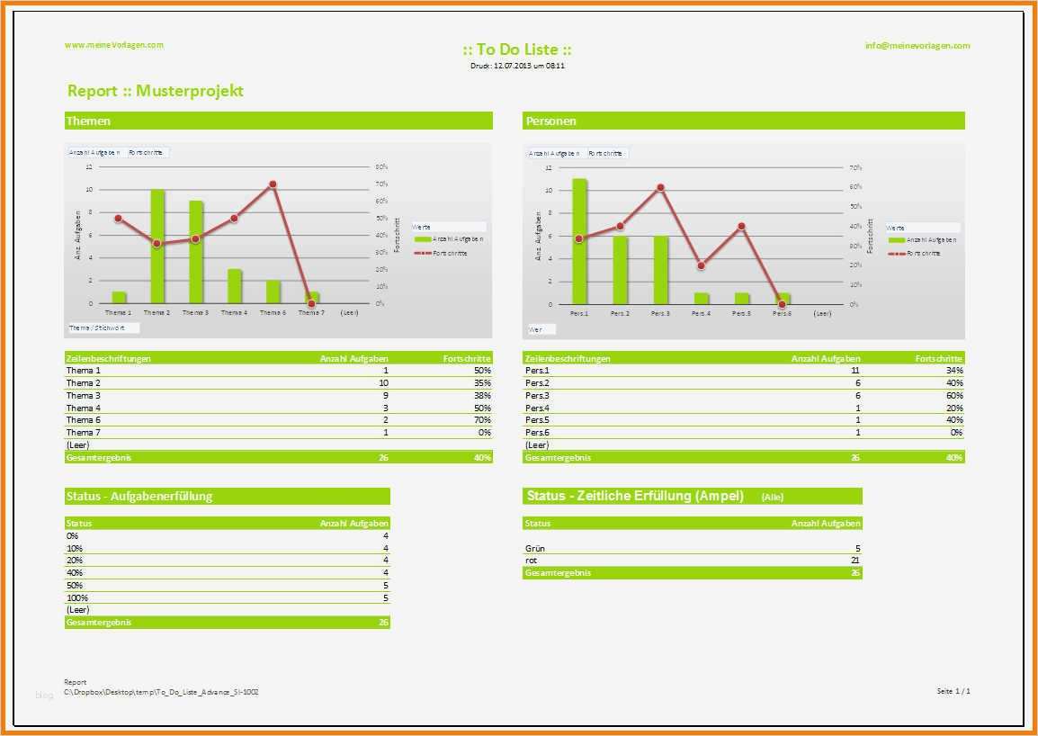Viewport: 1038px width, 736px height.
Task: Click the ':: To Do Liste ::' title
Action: (517, 49)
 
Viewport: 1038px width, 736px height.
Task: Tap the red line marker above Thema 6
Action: (272, 184)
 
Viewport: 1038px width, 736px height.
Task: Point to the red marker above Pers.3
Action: (660, 187)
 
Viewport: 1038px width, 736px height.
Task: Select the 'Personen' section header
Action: (551, 121)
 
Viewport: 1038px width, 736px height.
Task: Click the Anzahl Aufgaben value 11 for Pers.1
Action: (855, 370)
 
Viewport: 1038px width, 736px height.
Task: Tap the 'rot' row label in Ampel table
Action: (532, 560)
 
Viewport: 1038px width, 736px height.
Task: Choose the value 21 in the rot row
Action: (855, 560)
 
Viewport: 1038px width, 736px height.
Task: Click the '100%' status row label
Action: (77, 597)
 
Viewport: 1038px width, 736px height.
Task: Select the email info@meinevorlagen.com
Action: (917, 46)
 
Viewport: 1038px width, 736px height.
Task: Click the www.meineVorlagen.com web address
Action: (114, 45)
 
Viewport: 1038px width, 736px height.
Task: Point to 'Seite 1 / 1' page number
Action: (953, 691)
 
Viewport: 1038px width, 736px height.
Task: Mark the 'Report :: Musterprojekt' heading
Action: (156, 91)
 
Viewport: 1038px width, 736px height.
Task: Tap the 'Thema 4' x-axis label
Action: (234, 312)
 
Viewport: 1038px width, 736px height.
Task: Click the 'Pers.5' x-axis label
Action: (741, 313)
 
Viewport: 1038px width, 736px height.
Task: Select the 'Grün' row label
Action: (535, 548)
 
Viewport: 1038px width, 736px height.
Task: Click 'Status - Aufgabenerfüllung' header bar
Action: (139, 496)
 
